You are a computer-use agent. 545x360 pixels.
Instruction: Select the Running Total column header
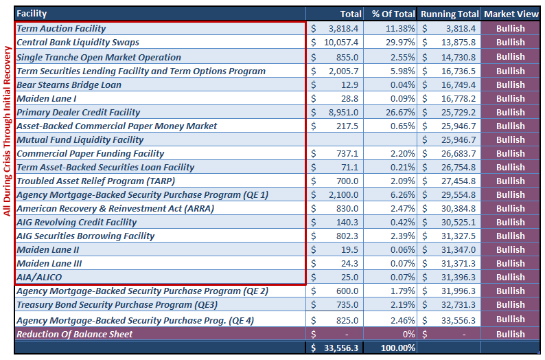pos(449,14)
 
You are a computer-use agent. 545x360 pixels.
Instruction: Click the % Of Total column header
pos(393,14)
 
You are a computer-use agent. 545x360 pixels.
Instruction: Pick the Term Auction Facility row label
pos(61,29)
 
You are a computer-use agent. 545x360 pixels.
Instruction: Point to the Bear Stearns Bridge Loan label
pos(69,85)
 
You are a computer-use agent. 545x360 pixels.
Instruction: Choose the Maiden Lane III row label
pos(49,263)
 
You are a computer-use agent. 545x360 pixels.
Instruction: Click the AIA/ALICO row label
pos(39,277)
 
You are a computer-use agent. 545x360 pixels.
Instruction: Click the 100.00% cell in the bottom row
pos(398,348)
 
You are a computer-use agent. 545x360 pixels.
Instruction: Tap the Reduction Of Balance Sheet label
pos(74,334)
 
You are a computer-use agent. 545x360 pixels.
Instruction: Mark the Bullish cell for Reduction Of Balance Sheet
pos(510,334)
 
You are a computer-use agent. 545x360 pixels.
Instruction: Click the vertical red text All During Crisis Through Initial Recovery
pos(8,131)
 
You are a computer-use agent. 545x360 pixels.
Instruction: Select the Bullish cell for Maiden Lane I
pos(510,98)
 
